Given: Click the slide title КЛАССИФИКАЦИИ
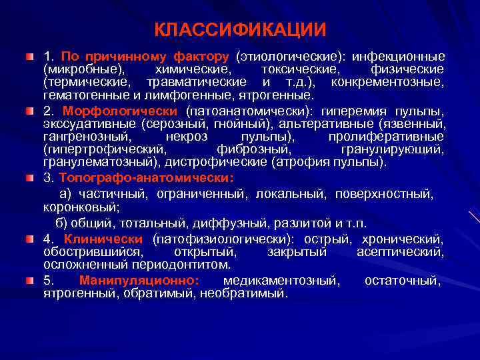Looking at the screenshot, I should [240, 30].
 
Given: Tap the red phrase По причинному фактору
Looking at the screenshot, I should [145, 57].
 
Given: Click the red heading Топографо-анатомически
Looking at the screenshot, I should [146, 178].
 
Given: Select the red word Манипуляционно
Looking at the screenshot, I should [138, 280].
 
